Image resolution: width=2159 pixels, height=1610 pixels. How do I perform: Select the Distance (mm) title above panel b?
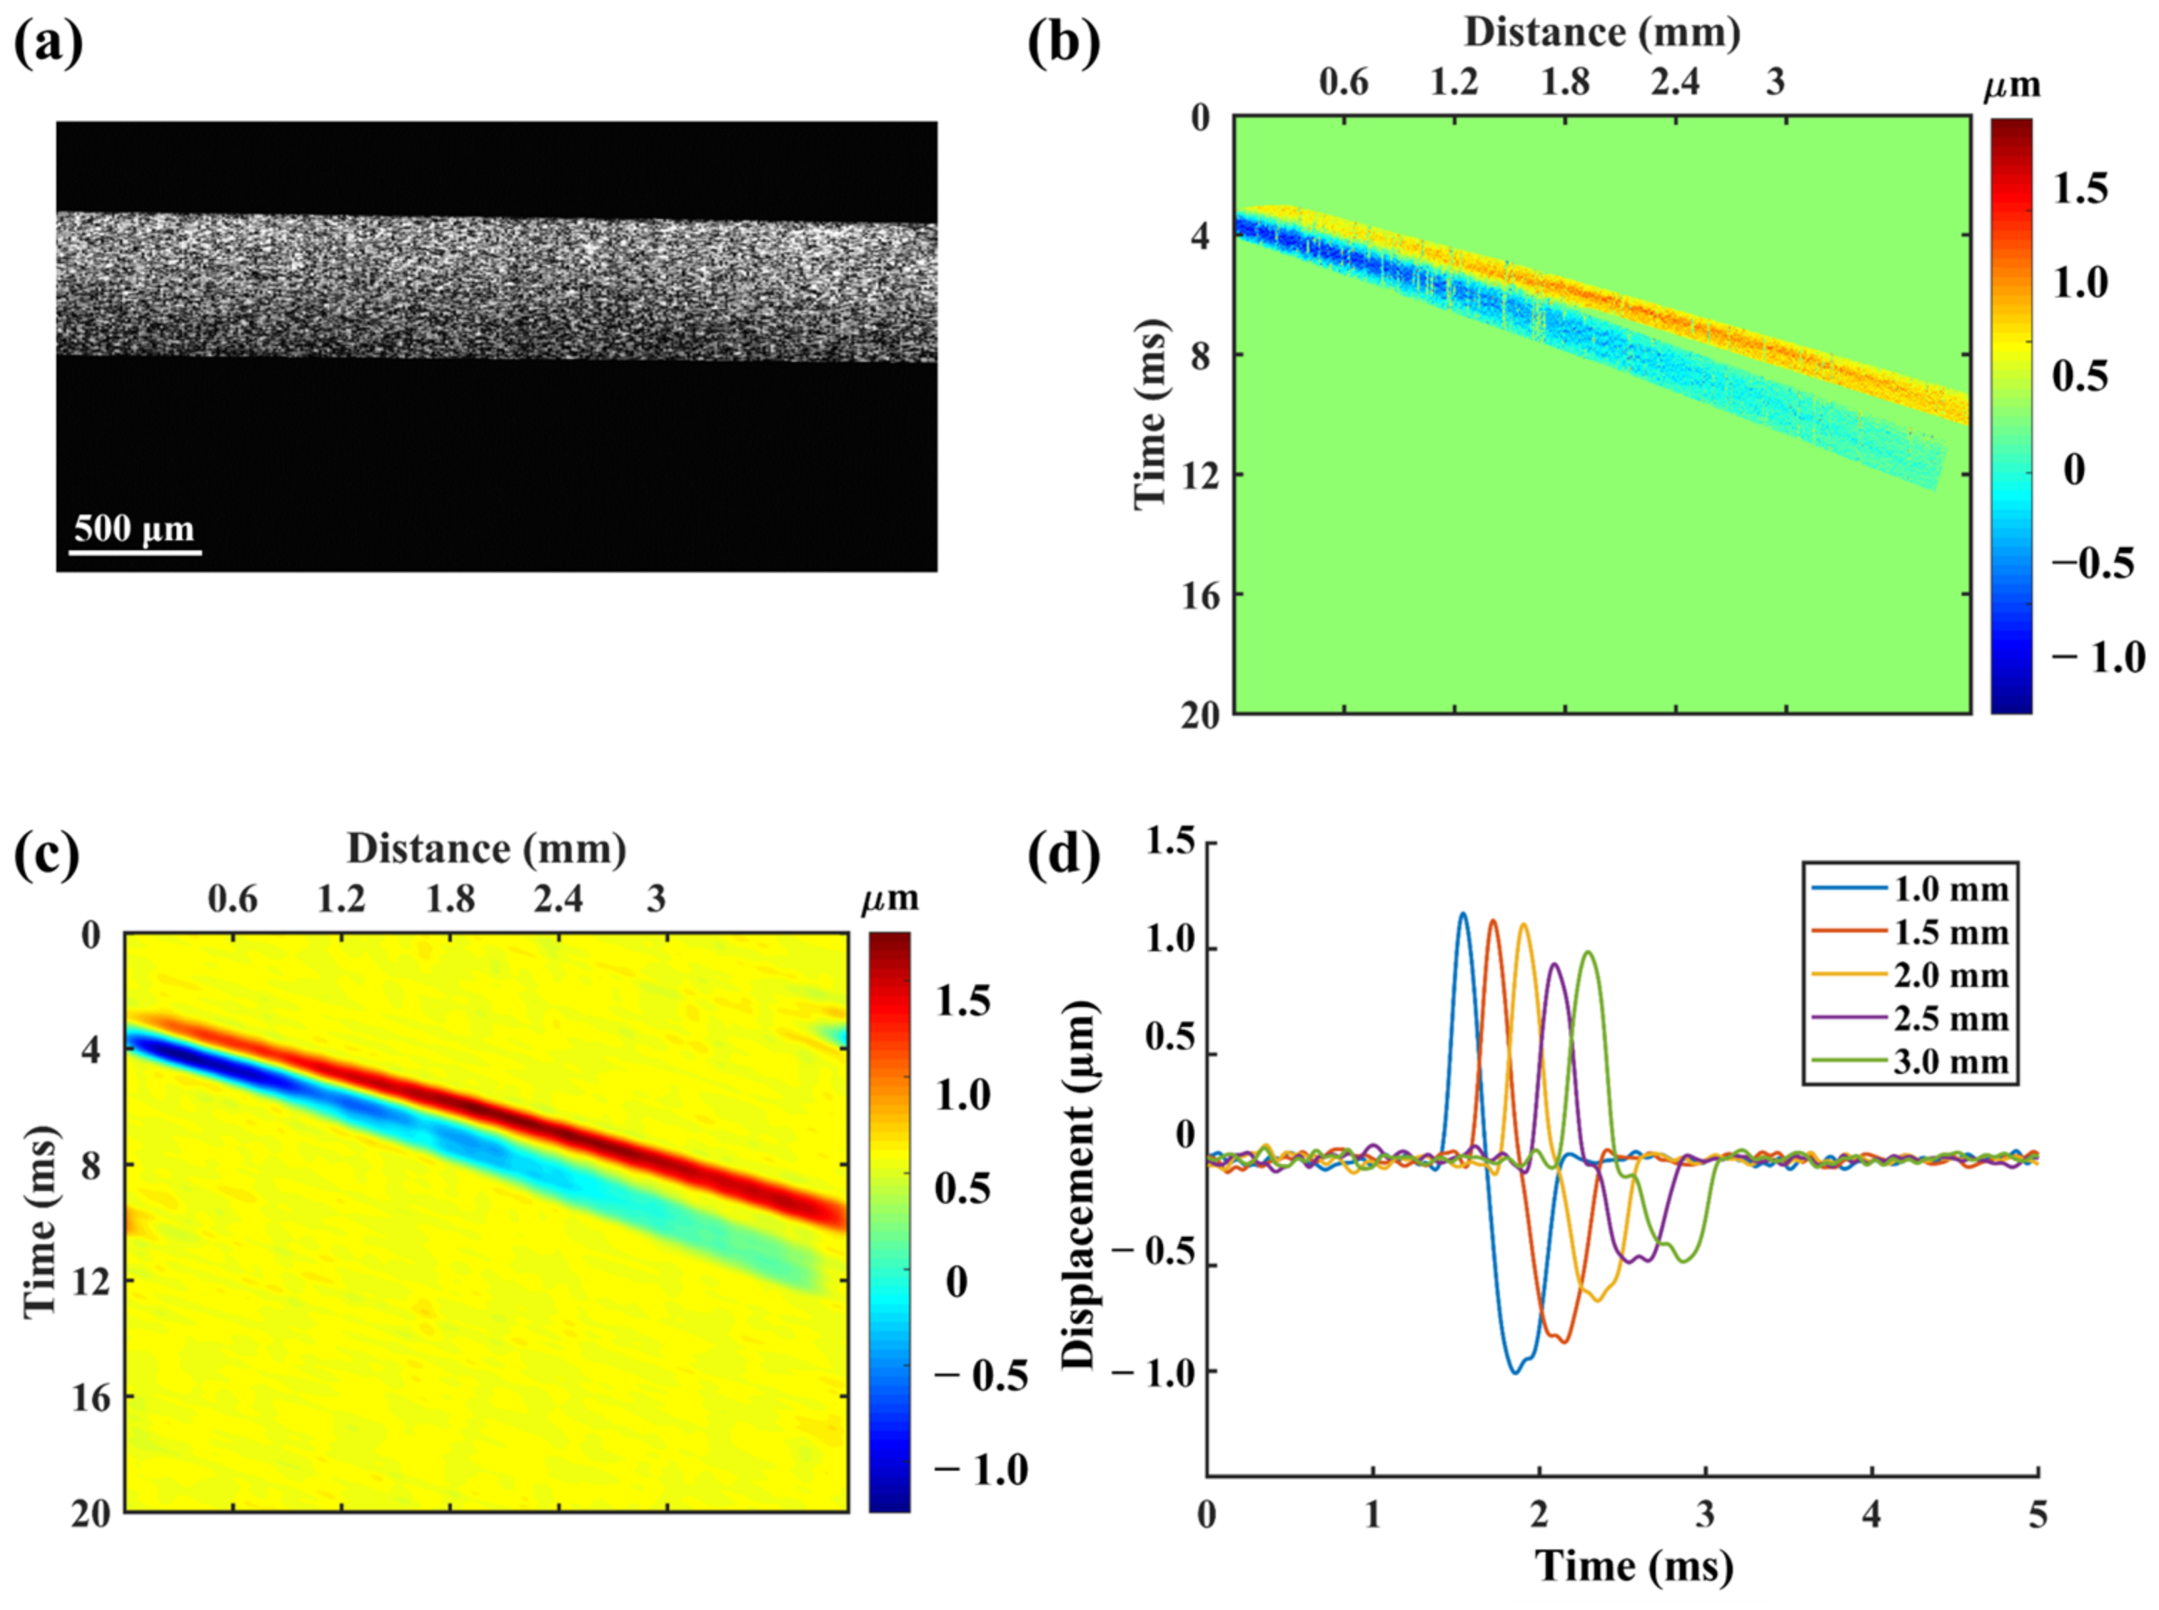1601,32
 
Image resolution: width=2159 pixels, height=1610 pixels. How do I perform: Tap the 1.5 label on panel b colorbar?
2080,188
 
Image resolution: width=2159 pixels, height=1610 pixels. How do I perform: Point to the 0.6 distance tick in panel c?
232,898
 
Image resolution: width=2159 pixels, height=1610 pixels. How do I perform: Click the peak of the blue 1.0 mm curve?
1462,914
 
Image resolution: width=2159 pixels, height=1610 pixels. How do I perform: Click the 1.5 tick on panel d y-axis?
1169,842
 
